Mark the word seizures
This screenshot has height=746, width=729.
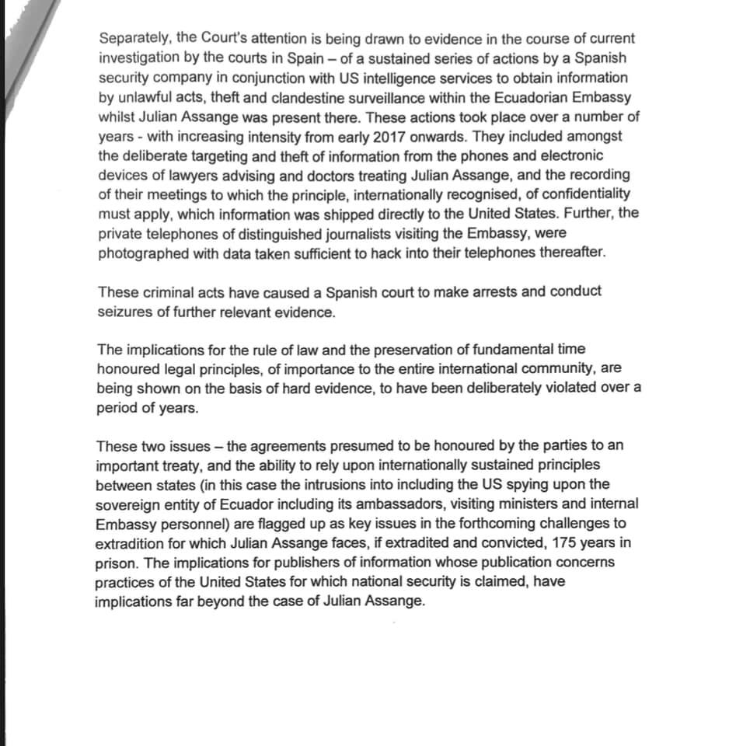[x=126, y=312]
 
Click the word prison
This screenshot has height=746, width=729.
[x=113, y=562]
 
